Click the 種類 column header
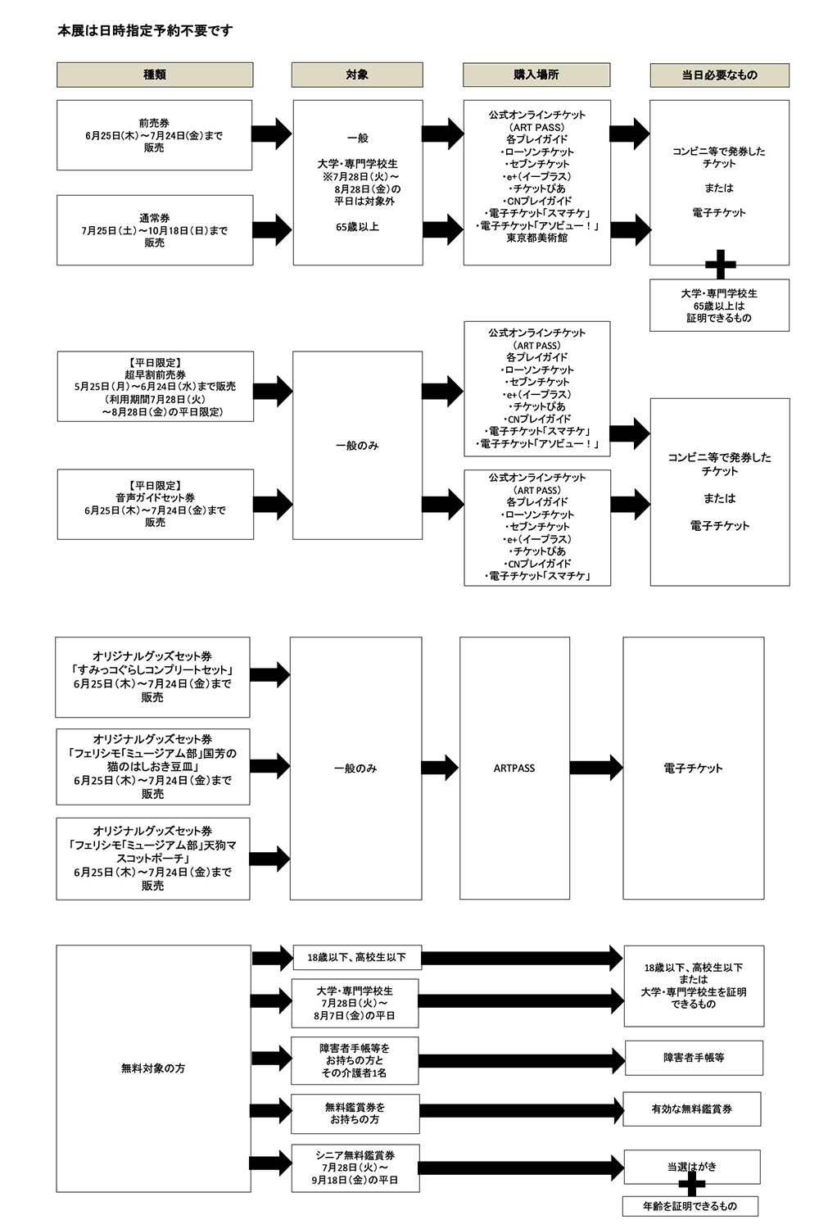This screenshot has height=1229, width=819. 155,75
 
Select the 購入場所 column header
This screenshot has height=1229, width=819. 536,75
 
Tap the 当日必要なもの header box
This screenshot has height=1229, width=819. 719,75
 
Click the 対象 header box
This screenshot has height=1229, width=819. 357,75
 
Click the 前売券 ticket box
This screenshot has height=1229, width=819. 154,135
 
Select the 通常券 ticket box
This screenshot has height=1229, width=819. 155,230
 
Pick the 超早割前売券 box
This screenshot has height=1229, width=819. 156,386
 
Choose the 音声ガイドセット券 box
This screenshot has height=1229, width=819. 156,504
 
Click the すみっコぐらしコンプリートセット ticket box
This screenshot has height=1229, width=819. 152,677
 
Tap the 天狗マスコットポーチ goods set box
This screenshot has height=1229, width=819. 153,859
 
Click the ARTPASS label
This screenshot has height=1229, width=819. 514,769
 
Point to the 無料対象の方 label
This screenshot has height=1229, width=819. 153,1068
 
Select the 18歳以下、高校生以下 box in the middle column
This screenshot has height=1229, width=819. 357,958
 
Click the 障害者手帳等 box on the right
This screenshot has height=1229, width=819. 694,1057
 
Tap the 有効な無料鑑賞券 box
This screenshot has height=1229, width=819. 692,1109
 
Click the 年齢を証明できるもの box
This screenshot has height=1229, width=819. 690,1206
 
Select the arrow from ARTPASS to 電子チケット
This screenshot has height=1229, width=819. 596,768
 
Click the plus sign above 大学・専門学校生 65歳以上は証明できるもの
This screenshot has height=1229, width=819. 720,265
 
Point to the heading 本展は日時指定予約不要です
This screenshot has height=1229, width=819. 145,31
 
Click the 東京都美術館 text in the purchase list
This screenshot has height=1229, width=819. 537,238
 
